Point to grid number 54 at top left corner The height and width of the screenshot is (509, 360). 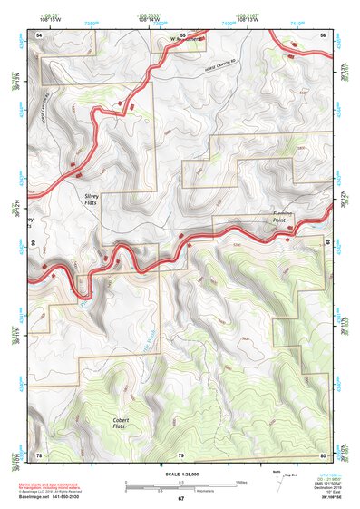pyautogui.click(x=39, y=34)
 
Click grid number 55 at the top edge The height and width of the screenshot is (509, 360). pyautogui.click(x=182, y=34)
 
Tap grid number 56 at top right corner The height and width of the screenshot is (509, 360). pyautogui.click(x=323, y=34)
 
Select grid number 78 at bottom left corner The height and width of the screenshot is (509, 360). pyautogui.click(x=39, y=455)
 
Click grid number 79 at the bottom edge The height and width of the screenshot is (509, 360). pyautogui.click(x=181, y=455)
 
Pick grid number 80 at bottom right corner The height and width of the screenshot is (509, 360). pyautogui.click(x=323, y=455)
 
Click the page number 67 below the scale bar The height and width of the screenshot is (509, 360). pyautogui.click(x=180, y=499)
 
